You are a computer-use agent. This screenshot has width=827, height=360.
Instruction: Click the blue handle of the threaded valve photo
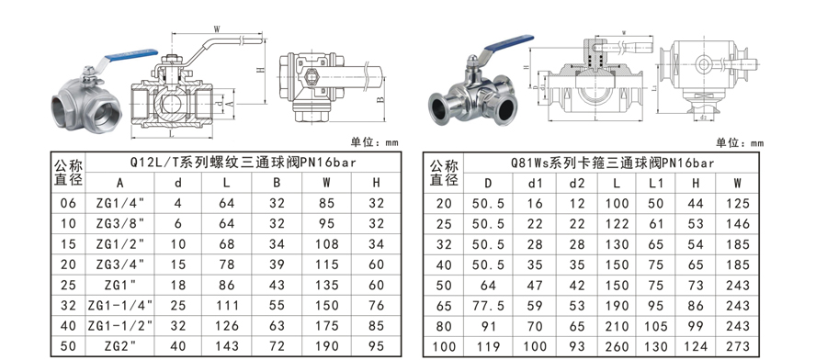(x=131, y=54)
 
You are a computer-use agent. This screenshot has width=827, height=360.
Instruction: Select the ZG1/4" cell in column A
(x=119, y=203)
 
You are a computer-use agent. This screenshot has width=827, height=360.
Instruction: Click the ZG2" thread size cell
(x=119, y=346)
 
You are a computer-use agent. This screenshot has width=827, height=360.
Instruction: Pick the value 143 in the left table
(x=227, y=346)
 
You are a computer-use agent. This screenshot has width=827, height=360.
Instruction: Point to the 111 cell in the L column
(x=227, y=305)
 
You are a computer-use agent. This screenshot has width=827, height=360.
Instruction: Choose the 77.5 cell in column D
(x=489, y=306)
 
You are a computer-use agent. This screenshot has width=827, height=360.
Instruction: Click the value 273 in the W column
(x=737, y=346)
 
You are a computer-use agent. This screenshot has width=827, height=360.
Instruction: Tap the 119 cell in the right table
(x=489, y=346)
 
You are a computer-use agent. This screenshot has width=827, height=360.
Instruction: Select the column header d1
(x=535, y=183)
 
